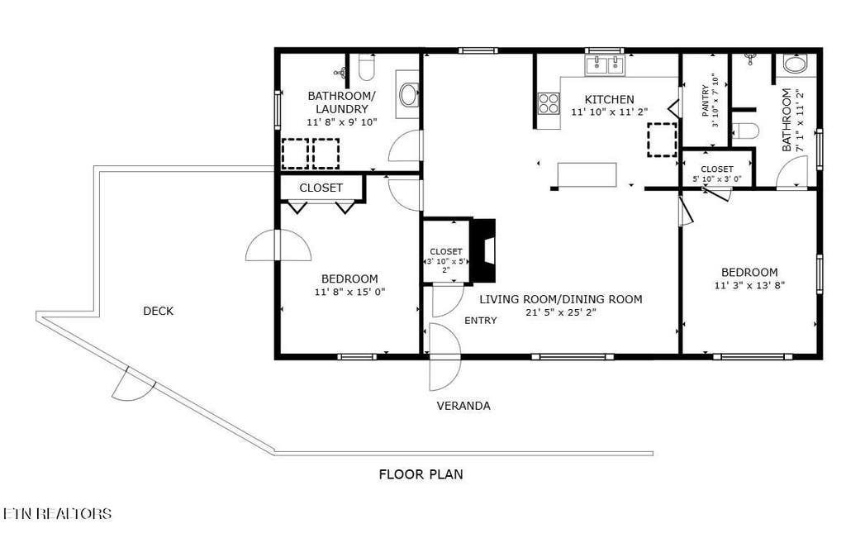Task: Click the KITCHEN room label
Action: click(x=609, y=99)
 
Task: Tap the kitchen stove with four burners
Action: click(x=549, y=103)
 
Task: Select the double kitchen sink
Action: click(x=604, y=65)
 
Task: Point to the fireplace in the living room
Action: click(x=483, y=250)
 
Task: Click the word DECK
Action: click(x=158, y=311)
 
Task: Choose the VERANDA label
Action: click(x=463, y=406)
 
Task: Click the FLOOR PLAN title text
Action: click(x=421, y=474)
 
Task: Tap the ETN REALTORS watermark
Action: click(x=56, y=513)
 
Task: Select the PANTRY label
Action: click(x=706, y=101)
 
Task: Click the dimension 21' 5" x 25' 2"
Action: click(x=561, y=312)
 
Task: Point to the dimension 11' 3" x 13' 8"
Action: click(x=749, y=285)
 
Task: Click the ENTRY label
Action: click(x=480, y=321)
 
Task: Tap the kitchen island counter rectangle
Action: click(x=587, y=175)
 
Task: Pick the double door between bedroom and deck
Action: click(x=278, y=245)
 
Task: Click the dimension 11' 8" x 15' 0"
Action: click(x=349, y=292)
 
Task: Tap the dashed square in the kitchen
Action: click(x=662, y=140)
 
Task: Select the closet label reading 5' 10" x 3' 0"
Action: click(x=717, y=179)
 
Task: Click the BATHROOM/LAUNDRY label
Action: click(x=341, y=102)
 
